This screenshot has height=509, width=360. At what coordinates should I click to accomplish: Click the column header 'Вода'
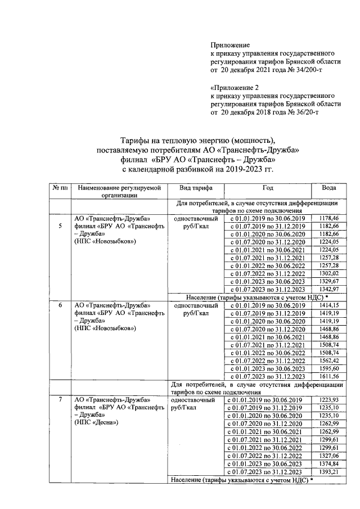pyautogui.click(x=328, y=188)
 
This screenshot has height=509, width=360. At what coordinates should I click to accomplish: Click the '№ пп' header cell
pyautogui.click(x=60, y=188)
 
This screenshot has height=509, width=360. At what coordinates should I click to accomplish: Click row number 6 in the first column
pyautogui.click(x=60, y=305)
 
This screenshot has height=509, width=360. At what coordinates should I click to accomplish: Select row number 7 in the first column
pyautogui.click(x=60, y=399)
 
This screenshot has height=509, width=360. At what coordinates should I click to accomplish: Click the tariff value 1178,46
pyautogui.click(x=328, y=218)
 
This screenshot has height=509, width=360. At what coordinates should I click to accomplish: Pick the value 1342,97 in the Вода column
pyautogui.click(x=328, y=289)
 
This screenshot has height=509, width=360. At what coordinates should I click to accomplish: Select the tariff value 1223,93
pyautogui.click(x=328, y=400)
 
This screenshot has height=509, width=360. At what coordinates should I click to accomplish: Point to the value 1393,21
pyautogui.click(x=328, y=471)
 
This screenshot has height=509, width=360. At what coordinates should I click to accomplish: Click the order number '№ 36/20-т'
pyautogui.click(x=303, y=112)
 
